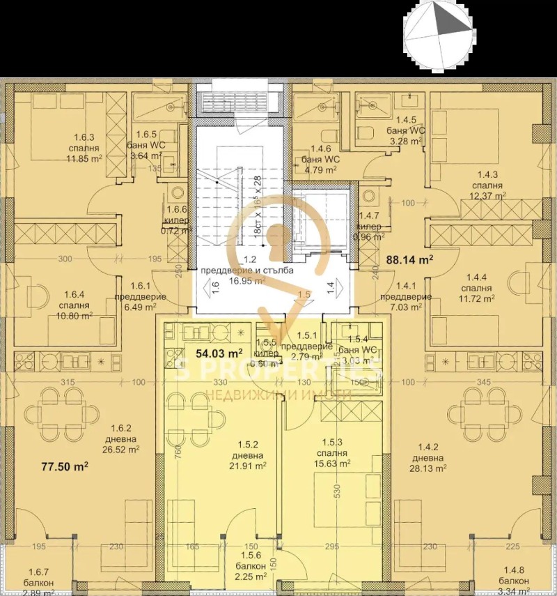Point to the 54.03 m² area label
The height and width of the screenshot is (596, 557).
tap(219, 353)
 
